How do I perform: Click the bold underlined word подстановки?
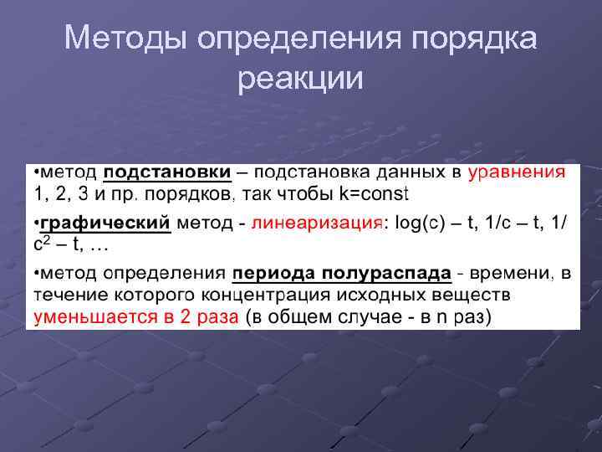point(166,172)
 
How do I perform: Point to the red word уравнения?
point(517,172)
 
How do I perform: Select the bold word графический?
point(105,223)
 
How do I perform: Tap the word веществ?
point(476,295)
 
